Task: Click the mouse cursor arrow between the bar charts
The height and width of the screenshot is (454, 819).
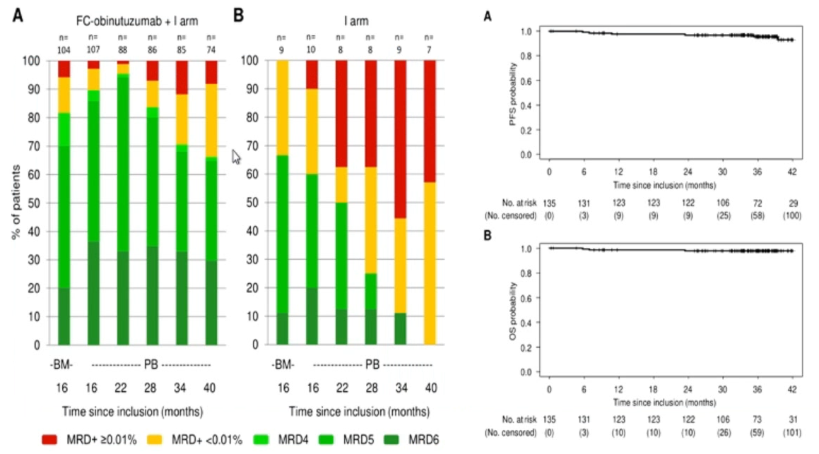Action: pyautogui.click(x=236, y=155)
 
